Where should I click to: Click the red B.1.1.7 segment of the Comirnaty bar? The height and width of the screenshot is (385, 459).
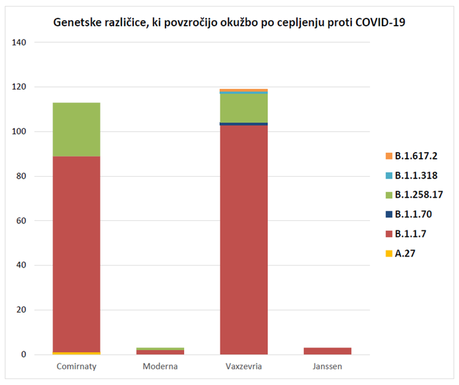click(x=76, y=254)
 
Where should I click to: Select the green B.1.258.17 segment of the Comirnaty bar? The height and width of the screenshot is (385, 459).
click(x=76, y=129)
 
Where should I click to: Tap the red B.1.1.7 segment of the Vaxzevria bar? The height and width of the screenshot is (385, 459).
click(x=244, y=239)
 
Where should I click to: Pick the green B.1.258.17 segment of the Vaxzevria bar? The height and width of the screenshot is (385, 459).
click(x=244, y=108)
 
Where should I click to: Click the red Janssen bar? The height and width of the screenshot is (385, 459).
click(x=327, y=351)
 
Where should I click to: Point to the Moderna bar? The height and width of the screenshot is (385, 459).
click(x=160, y=351)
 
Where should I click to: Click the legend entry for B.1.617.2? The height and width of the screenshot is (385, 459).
click(x=415, y=156)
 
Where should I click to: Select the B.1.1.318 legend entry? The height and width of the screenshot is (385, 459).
click(x=415, y=176)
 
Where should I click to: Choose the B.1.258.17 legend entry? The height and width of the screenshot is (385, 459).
click(x=417, y=195)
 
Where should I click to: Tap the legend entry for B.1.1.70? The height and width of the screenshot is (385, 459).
click(x=413, y=214)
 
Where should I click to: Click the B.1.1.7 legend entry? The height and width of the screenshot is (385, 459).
click(x=410, y=234)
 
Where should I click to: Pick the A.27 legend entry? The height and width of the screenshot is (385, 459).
click(x=405, y=253)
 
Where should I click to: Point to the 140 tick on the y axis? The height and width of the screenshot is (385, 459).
click(x=26, y=42)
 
